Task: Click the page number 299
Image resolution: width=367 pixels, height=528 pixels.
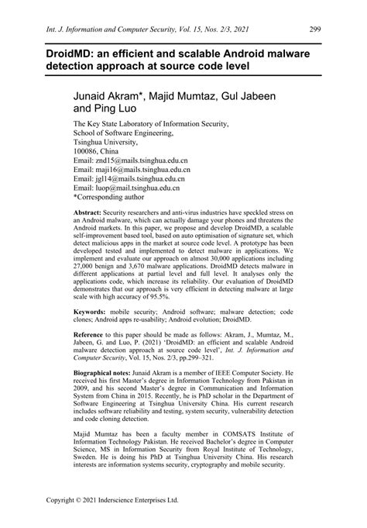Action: (314, 29)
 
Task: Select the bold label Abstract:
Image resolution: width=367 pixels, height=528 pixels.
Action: (87, 212)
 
